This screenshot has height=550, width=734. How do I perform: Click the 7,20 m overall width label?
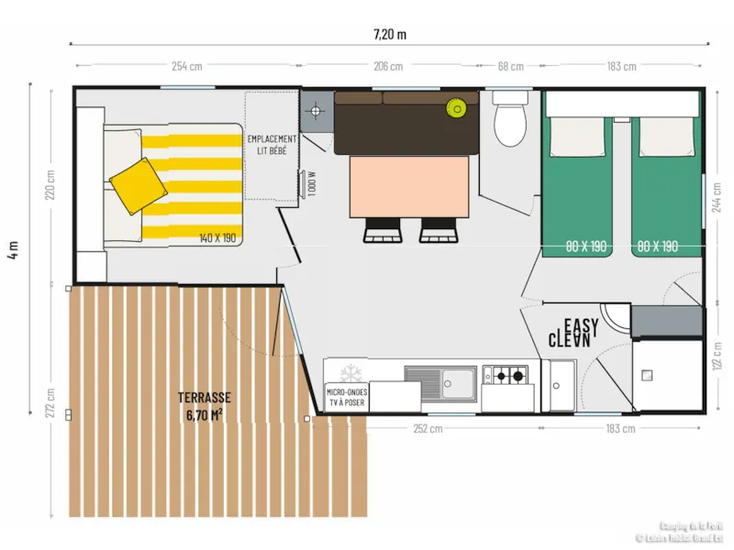389,35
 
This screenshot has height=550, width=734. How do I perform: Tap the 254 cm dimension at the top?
186,66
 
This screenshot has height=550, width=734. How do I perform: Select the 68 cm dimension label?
511,66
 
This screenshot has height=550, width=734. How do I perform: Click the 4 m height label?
12,250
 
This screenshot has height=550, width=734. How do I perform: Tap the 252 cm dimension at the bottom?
428,428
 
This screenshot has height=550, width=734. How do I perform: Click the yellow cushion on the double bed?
138,186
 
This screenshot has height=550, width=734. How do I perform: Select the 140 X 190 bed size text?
217,238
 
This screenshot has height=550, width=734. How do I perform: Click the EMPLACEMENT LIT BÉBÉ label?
272,144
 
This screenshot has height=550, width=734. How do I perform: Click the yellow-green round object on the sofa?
456,108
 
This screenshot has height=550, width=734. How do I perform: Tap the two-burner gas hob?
507,375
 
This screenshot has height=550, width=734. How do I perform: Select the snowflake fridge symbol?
348,374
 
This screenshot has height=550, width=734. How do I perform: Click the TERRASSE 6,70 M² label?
204,404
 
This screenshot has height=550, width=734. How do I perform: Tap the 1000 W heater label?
312,183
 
